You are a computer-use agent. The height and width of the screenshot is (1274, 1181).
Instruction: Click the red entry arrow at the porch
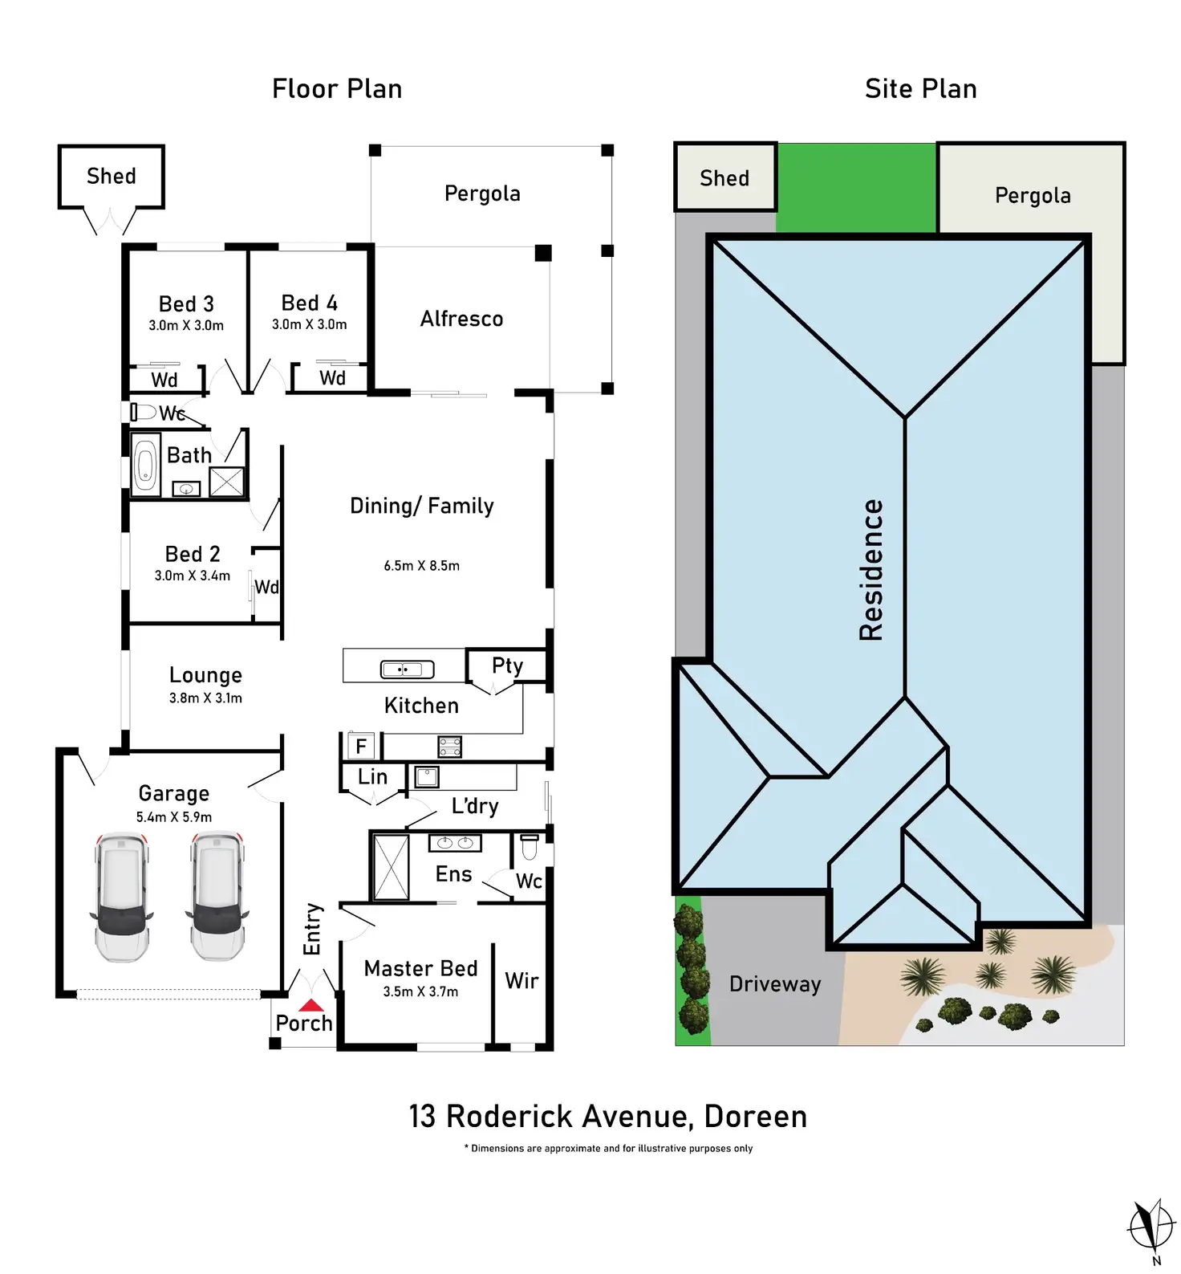click(311, 1005)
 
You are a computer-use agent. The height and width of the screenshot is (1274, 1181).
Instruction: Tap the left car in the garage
click(122, 897)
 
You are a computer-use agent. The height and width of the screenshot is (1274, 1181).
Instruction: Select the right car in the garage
click(217, 897)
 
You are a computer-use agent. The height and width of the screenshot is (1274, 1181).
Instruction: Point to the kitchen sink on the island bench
click(407, 669)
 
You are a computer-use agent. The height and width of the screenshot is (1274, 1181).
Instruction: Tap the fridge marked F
click(360, 747)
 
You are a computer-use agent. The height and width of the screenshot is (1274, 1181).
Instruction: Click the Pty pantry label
click(507, 665)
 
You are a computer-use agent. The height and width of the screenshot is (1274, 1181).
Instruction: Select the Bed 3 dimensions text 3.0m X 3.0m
click(186, 325)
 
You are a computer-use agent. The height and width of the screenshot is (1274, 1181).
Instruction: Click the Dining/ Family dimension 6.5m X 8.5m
click(421, 566)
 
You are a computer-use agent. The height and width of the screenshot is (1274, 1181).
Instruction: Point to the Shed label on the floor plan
click(111, 176)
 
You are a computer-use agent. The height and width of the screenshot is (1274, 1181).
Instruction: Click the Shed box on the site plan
click(724, 177)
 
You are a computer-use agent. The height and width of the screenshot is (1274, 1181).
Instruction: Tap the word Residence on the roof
click(871, 570)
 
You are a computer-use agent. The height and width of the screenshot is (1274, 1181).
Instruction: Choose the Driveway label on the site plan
click(774, 983)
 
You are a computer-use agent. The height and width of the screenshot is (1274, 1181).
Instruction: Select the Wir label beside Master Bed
click(522, 980)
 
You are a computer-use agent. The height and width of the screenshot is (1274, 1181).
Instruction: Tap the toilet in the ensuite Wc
click(530, 847)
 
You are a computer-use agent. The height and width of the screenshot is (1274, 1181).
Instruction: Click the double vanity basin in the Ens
click(455, 843)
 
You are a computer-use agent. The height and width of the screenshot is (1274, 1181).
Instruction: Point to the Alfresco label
click(461, 319)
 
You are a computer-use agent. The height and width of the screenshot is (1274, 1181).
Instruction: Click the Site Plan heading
click(920, 88)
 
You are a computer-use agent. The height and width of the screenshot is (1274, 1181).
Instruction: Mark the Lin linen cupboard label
click(372, 776)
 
